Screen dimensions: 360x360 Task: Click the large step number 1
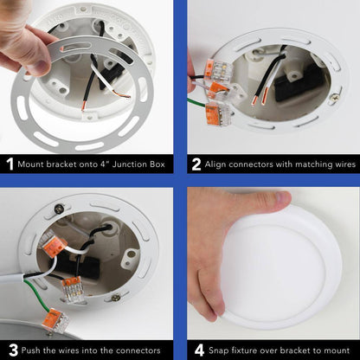(x=10, y=164)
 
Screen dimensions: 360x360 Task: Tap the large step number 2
(x=196, y=164)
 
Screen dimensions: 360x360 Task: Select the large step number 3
(x=13, y=350)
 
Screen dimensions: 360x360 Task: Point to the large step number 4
(x=199, y=350)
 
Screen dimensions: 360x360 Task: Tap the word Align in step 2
(x=215, y=164)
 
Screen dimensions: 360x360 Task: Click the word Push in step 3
(x=31, y=350)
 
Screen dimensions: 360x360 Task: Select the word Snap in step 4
(x=219, y=350)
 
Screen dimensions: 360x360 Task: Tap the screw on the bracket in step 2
(x=335, y=97)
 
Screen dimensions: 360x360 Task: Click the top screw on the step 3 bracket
(x=60, y=207)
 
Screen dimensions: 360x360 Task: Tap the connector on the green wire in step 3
(x=55, y=321)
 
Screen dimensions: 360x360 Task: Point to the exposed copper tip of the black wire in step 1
(x=83, y=106)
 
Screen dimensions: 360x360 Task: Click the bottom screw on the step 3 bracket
(x=116, y=297)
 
